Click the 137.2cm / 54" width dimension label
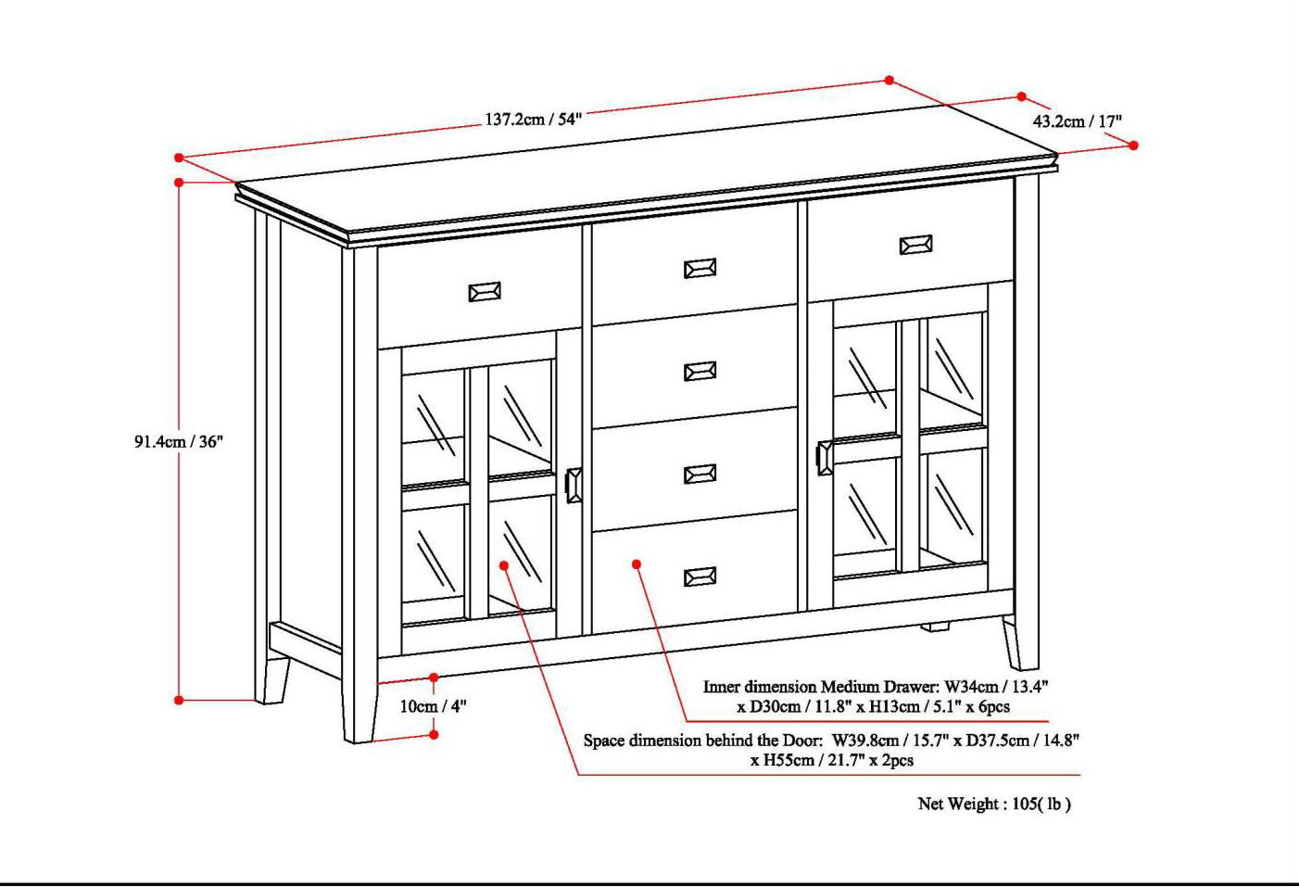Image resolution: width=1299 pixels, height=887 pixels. [533, 120]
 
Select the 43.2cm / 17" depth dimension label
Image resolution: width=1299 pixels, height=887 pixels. [1077, 121]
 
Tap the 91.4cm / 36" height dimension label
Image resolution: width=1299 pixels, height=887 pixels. [179, 442]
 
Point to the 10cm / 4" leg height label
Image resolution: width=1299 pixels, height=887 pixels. [433, 706]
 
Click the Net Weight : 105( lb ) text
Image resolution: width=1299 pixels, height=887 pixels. [993, 805]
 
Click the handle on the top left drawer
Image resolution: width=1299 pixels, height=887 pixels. [485, 292]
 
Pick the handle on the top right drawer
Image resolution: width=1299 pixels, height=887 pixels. [915, 245]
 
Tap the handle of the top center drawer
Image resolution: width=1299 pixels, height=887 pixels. [700, 269]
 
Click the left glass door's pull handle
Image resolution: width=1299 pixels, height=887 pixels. [574, 486]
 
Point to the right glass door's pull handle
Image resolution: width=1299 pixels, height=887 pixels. [824, 459]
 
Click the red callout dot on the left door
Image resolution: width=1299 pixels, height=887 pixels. [504, 564]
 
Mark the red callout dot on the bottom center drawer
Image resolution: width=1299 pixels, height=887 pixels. [637, 564]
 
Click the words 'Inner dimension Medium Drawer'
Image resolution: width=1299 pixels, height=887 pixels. [819, 688]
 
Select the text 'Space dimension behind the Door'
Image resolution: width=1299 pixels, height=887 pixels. [702, 741]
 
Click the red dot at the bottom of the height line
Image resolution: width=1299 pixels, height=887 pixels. [179, 700]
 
